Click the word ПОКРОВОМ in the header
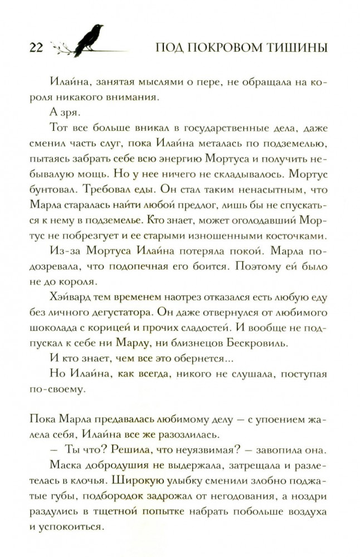[230, 48]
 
